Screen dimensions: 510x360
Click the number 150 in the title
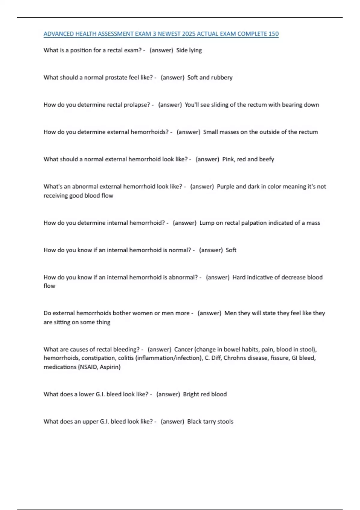pos(273,34)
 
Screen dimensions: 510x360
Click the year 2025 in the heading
pos(188,34)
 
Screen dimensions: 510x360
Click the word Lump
pos(207,223)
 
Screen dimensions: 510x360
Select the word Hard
pos(239,277)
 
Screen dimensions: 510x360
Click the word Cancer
pos(183,349)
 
